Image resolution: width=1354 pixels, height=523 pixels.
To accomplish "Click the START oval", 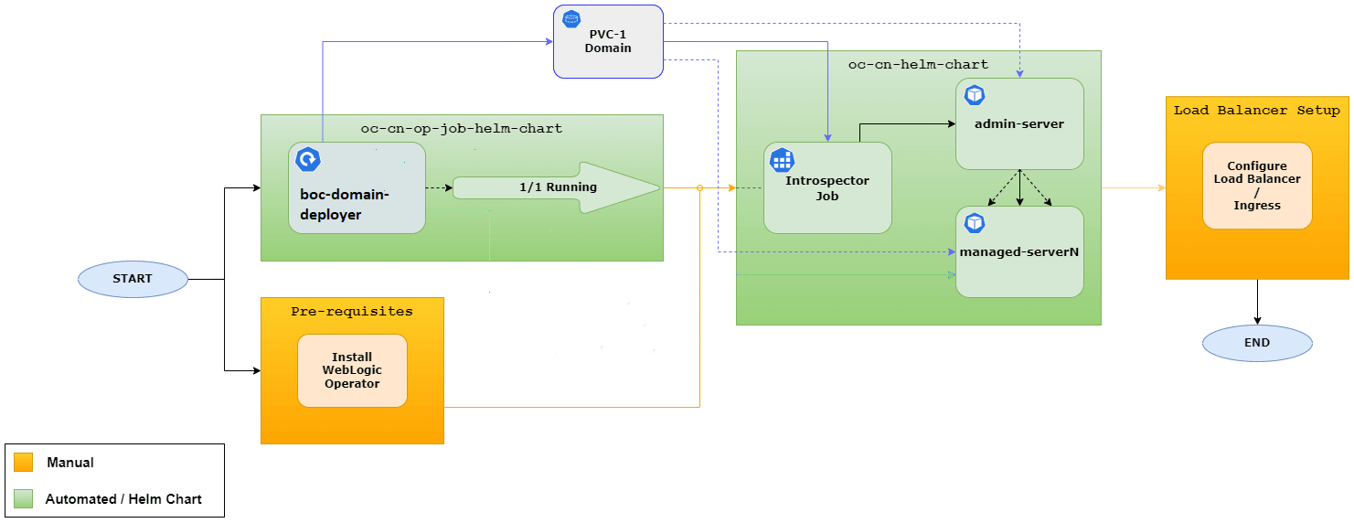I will [133, 279].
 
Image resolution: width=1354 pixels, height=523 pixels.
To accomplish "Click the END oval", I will [1257, 343].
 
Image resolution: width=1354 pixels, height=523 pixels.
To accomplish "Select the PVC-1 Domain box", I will [608, 42].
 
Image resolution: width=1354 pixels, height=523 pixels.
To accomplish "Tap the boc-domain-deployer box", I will [357, 188].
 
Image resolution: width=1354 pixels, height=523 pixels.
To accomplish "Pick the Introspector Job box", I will [827, 187].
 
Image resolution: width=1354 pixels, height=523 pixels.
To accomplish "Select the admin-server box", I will [1019, 123].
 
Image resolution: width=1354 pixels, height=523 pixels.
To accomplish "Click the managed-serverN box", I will [1019, 251].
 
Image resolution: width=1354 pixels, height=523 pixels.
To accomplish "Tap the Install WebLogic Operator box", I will [352, 370].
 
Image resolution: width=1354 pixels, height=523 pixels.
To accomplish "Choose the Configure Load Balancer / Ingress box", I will [1257, 186].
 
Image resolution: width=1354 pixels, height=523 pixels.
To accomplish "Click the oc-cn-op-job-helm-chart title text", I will [462, 129].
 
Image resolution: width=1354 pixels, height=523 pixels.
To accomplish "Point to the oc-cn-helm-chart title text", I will [918, 65].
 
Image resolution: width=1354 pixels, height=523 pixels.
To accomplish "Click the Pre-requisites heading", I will [352, 312].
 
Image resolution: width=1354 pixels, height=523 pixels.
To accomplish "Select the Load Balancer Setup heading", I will [1257, 111].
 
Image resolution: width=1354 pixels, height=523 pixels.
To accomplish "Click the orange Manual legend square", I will [24, 463].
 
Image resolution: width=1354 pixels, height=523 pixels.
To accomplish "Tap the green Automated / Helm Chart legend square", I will [24, 499].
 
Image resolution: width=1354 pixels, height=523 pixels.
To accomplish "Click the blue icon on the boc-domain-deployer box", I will [308, 160].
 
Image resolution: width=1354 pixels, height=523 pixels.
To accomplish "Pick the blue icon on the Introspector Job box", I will [782, 160].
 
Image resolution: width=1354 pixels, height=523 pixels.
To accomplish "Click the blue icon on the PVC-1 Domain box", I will [572, 18].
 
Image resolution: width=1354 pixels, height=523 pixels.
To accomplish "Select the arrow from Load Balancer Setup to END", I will [1257, 302].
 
